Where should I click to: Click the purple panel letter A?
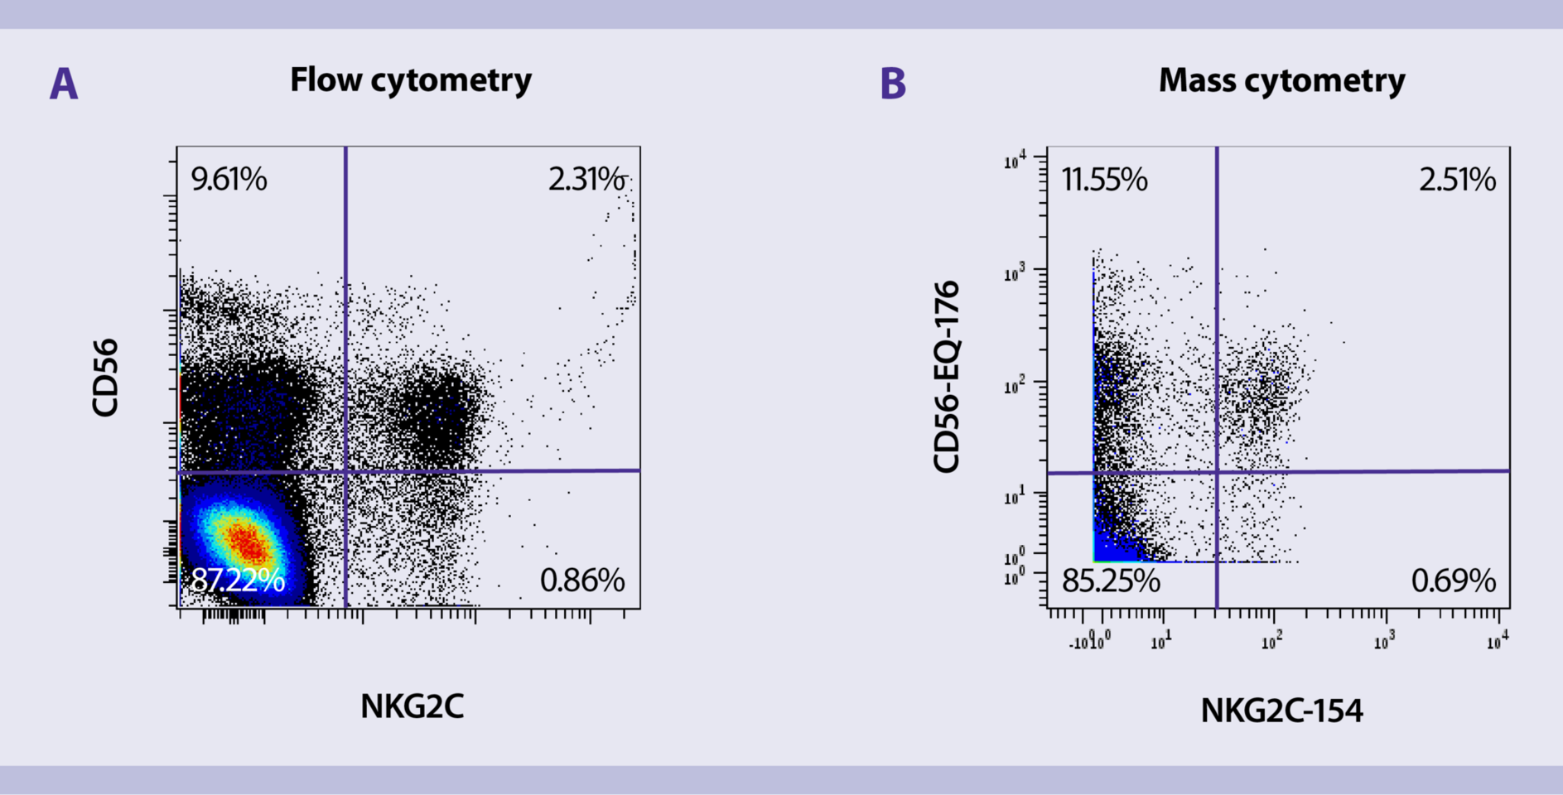coord(64,84)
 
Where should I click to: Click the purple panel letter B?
coord(892,84)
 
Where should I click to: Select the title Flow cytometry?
coord(411,80)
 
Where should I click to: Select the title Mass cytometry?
coord(1281,80)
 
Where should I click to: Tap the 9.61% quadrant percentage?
coord(229,180)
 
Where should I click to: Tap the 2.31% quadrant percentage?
coord(586,180)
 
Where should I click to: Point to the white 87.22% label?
coord(238,580)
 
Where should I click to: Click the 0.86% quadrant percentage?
coord(582,581)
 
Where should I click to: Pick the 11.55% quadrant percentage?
coord(1104,180)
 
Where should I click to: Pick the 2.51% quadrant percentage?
coord(1457,180)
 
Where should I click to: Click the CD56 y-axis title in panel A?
coord(106,378)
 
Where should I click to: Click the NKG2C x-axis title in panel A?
coord(412,706)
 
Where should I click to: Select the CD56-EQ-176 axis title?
coord(946,377)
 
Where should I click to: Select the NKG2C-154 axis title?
coord(1281,711)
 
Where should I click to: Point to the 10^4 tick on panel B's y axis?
coord(1015,160)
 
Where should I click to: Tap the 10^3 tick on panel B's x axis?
coord(1384,642)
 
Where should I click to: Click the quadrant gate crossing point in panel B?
coord(1217,472)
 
